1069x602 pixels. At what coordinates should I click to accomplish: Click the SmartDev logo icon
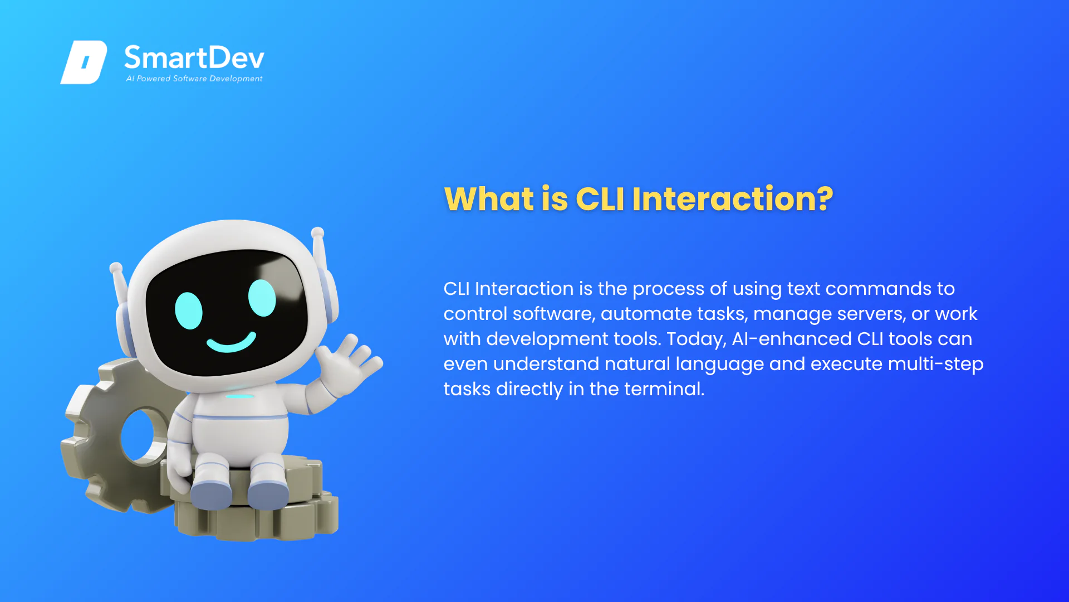coord(84,62)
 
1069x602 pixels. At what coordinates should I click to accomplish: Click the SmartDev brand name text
coord(194,58)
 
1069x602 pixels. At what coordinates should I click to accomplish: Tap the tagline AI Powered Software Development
coord(194,79)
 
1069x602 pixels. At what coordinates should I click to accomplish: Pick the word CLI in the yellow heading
coord(600,198)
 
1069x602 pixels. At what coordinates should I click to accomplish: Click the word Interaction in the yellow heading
coord(722,198)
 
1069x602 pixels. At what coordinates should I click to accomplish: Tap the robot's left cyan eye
coord(189,310)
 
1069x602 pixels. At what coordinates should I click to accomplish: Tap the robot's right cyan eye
coord(262,298)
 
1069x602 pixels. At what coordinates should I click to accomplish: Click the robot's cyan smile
coord(232,342)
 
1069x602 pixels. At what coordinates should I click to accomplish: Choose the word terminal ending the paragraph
coord(664,389)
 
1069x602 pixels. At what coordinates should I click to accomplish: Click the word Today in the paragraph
coord(697,339)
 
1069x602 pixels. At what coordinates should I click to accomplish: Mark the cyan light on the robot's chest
coord(240,396)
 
